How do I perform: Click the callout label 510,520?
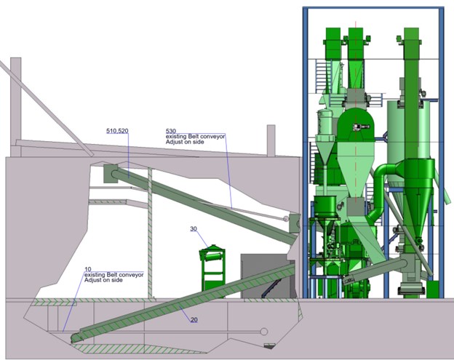tap(117, 131)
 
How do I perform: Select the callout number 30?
tap(194, 229)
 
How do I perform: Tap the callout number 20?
tap(194, 319)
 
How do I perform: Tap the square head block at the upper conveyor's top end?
tap(111, 173)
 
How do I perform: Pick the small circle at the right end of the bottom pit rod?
tap(263, 332)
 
